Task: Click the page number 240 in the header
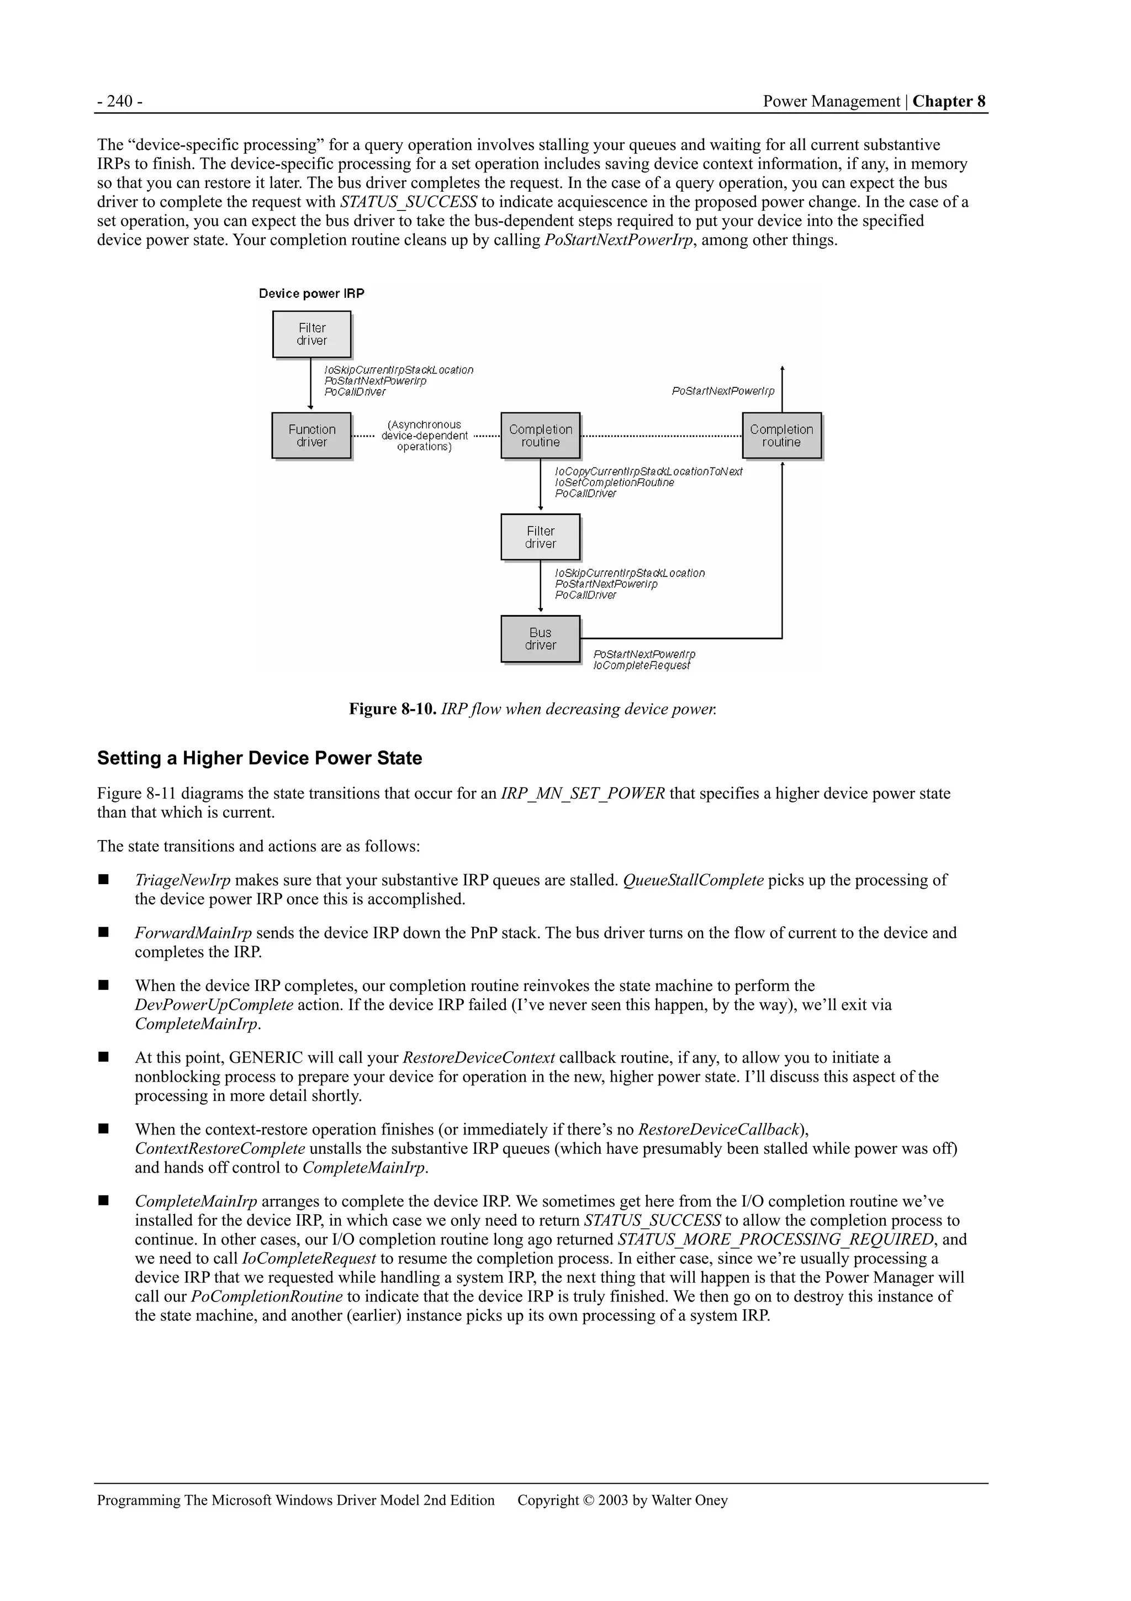(x=120, y=102)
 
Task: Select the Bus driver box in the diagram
(x=540, y=639)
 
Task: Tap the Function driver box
(x=311, y=436)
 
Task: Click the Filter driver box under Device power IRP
(x=311, y=334)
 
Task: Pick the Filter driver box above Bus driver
(x=540, y=537)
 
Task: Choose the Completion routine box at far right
(x=781, y=436)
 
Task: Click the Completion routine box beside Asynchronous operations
(x=540, y=436)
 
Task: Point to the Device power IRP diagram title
(x=311, y=293)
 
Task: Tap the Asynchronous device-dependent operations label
(x=424, y=436)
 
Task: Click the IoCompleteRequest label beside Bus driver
(x=641, y=666)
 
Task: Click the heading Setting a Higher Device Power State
(x=259, y=758)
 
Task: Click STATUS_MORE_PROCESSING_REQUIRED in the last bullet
(x=775, y=1239)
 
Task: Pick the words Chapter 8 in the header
(x=949, y=102)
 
